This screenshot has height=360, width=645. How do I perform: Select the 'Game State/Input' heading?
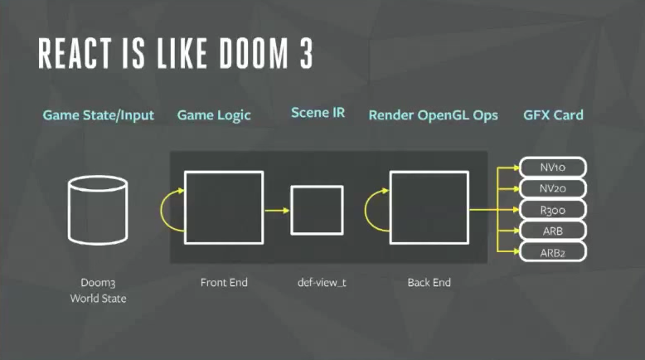tap(99, 115)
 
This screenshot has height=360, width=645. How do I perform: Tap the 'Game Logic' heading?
tap(213, 115)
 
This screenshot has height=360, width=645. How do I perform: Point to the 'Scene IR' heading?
tap(318, 113)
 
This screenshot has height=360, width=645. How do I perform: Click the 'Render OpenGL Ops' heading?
tap(433, 115)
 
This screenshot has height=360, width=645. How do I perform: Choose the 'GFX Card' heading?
tap(553, 115)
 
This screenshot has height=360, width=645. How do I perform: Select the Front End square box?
tap(224, 208)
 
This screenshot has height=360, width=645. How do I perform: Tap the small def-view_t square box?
tap(316, 210)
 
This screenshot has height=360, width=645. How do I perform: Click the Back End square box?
tap(429, 208)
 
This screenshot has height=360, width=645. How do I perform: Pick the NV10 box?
tap(552, 167)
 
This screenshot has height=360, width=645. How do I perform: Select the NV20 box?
tap(552, 187)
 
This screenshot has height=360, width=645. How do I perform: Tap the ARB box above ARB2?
tap(552, 230)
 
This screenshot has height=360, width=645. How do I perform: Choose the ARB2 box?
tap(552, 251)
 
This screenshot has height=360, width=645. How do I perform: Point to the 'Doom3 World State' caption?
tap(99, 289)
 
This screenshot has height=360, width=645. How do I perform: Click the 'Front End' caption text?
tap(224, 283)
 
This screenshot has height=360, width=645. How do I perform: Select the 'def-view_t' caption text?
tap(322, 283)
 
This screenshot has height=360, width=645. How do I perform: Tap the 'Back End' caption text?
tap(429, 283)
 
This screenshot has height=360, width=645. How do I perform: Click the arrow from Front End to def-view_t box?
tap(277, 210)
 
